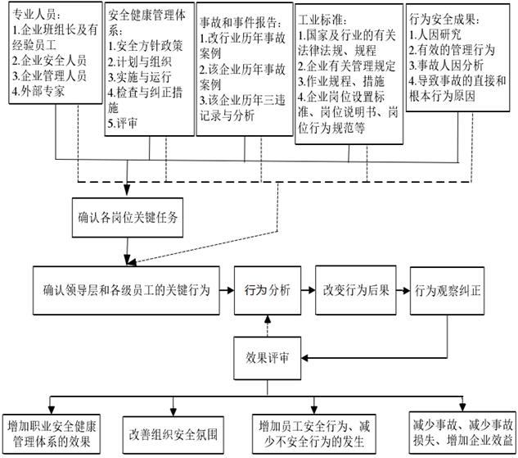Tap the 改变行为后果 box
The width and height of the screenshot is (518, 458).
click(x=356, y=289)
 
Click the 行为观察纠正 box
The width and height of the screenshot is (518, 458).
click(x=448, y=289)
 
